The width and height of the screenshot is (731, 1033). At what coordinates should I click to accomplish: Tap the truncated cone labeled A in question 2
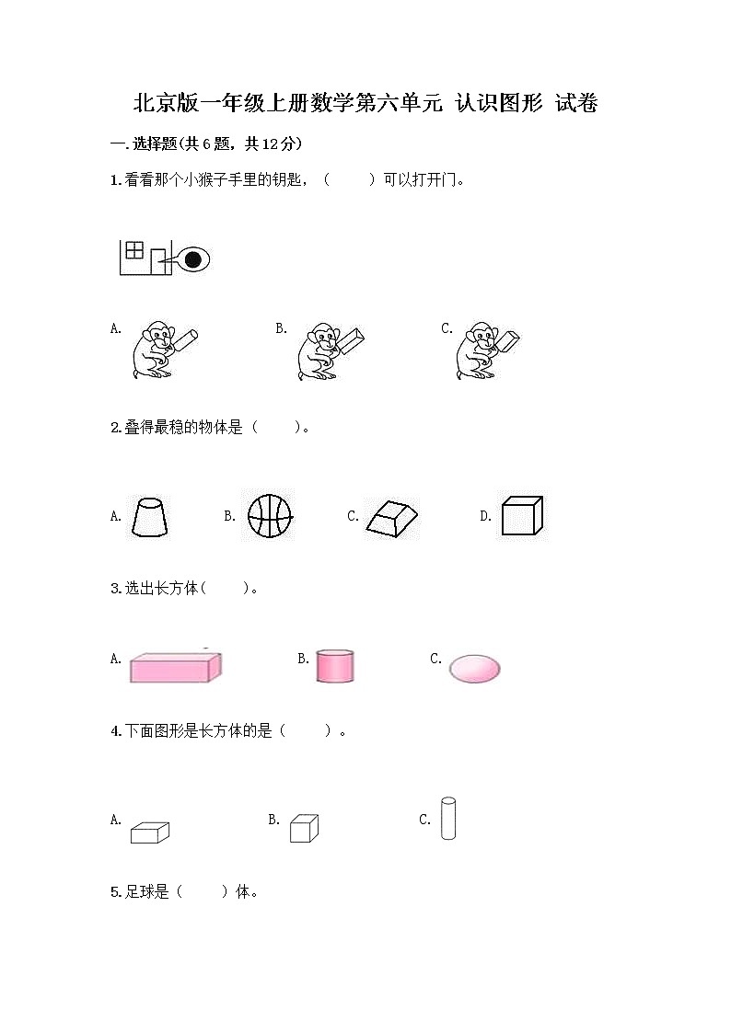[149, 517]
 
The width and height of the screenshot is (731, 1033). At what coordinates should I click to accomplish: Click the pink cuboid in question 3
[175, 667]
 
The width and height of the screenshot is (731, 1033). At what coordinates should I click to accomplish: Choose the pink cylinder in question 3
[335, 665]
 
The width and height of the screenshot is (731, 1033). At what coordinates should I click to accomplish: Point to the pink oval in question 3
[474, 668]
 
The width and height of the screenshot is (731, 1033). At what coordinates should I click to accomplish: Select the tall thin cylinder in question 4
[448, 819]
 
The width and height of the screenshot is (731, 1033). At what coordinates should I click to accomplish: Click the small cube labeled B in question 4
[304, 828]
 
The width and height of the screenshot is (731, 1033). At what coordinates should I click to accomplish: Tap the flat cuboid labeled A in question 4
[149, 832]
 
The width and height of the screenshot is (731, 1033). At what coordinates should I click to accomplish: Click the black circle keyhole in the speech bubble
[192, 260]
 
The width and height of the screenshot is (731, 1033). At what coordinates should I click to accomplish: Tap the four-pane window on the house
[134, 249]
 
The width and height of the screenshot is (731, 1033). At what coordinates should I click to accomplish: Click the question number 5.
[114, 891]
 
